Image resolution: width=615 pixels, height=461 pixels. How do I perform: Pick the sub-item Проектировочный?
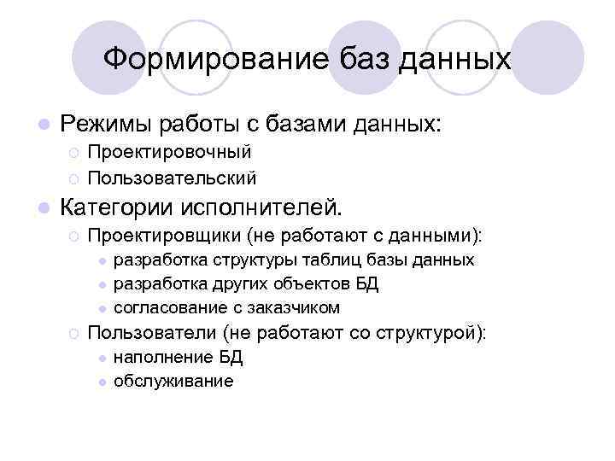click(x=170, y=152)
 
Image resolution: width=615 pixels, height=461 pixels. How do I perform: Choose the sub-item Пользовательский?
click(x=173, y=178)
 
